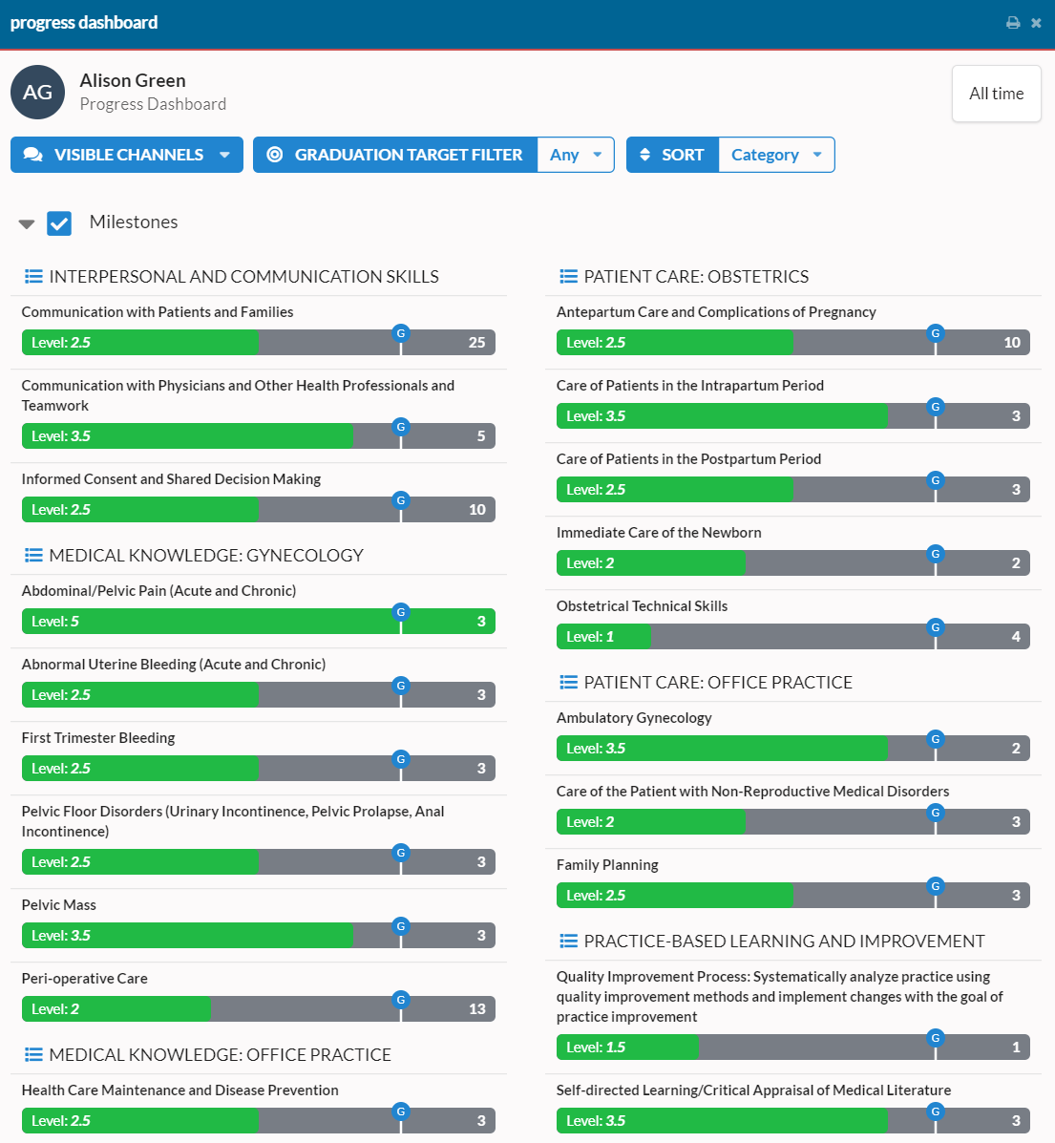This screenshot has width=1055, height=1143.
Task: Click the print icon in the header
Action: coord(1013,23)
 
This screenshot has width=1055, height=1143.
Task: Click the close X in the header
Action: coord(1036,23)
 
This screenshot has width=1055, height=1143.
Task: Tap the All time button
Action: coord(996,94)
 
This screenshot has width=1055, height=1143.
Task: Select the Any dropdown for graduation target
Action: coord(576,155)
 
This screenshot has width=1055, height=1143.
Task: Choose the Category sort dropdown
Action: coord(776,155)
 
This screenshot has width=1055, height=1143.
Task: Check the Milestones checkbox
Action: coord(59,223)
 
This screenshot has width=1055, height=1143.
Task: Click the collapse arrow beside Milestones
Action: coord(27,224)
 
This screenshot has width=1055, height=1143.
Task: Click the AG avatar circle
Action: coord(37,93)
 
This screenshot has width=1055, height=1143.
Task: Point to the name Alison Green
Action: coord(133,81)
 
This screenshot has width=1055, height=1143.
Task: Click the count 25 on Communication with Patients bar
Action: coord(476,343)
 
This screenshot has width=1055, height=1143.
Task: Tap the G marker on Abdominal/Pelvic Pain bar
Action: coord(401,612)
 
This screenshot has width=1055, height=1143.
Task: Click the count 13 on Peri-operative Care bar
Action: coord(476,1009)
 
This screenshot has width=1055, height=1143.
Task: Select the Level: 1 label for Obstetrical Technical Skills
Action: coord(590,637)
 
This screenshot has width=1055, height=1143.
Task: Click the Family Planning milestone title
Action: coord(607,865)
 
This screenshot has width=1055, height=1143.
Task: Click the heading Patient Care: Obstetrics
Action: coord(696,277)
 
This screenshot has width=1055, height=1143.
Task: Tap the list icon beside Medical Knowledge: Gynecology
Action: coord(33,556)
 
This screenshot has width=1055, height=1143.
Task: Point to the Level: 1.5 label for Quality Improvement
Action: coord(596,1048)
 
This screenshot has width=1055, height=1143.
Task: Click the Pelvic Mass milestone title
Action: coord(59,905)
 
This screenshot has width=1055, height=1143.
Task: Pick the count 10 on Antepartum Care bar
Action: coord(1011,343)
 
